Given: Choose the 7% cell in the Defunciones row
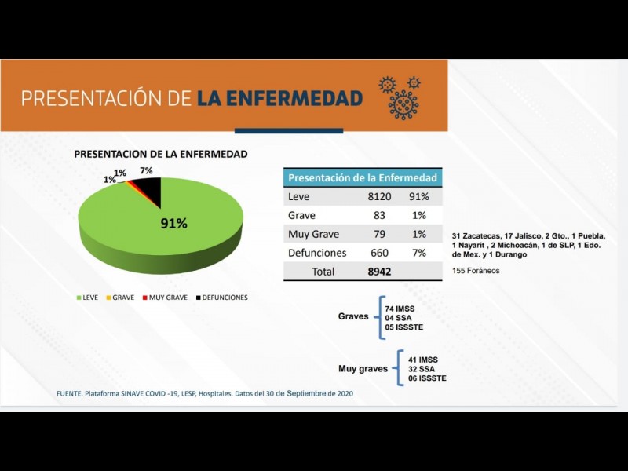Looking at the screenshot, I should [418, 253].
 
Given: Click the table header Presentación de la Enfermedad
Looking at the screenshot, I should [363, 177].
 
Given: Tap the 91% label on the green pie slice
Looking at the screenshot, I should [173, 224].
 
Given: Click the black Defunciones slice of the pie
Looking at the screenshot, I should [152, 188].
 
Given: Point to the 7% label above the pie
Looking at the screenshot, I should [146, 170].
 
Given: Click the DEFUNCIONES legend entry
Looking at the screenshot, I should [221, 298].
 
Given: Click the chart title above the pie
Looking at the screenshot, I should [161, 155].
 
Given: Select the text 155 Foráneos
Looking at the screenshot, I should [476, 271].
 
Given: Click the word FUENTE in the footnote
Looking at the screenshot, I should [69, 393].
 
